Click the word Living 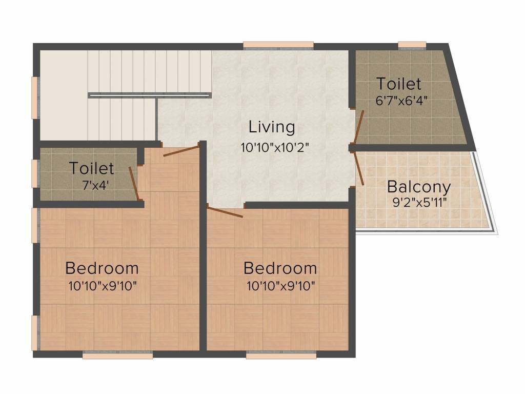click(272, 127)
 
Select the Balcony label click(419, 187)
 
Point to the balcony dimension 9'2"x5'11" click(419, 202)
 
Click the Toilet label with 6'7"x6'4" click(399, 84)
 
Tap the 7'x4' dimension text click(95, 185)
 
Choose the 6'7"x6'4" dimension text click(401, 101)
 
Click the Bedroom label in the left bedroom click(102, 268)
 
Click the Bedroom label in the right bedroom click(280, 268)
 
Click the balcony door click(359, 168)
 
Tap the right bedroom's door click(225, 212)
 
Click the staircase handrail click(150, 95)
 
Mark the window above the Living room click(278, 46)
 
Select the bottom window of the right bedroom click(281, 355)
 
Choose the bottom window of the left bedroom click(117, 355)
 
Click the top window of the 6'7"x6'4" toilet click(412, 46)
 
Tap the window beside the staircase click(35, 97)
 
